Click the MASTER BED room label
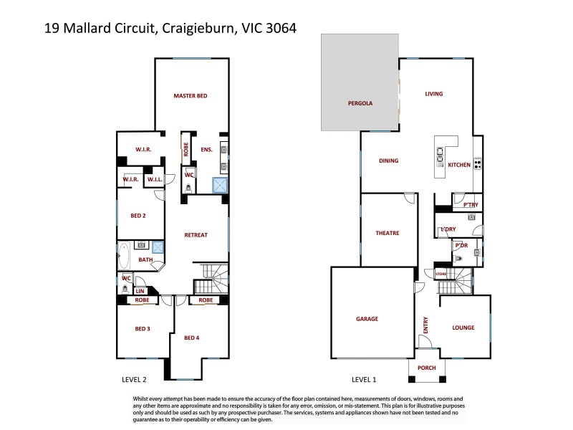[190, 95]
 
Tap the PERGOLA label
[360, 103]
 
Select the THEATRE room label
[387, 233]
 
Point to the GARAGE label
[367, 319]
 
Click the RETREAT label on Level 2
[196, 235]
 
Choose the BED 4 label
[191, 338]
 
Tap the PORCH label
[427, 368]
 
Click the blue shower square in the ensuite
[219, 186]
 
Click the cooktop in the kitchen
[477, 165]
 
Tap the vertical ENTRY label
[425, 325]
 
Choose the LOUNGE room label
[463, 328]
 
